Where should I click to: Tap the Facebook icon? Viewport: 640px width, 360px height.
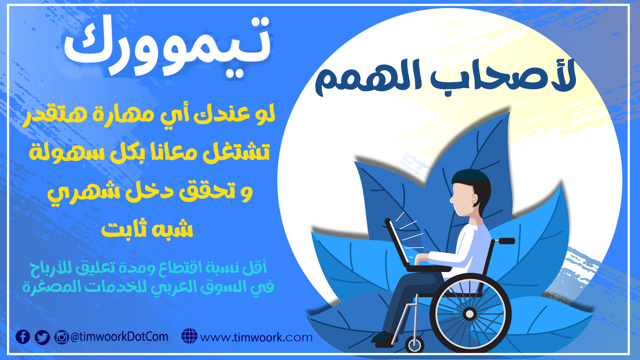coord(22,337)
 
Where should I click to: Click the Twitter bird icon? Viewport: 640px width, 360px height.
coord(42,337)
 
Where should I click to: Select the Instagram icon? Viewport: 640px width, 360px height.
coord(62,337)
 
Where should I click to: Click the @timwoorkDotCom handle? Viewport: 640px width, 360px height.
coord(119,337)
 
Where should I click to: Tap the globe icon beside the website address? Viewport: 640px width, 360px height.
coord(189,337)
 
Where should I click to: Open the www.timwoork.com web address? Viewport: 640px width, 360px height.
coord(257,338)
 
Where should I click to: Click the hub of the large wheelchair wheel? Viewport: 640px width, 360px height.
coord(470,314)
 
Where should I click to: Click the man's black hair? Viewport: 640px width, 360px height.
coord(471,181)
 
